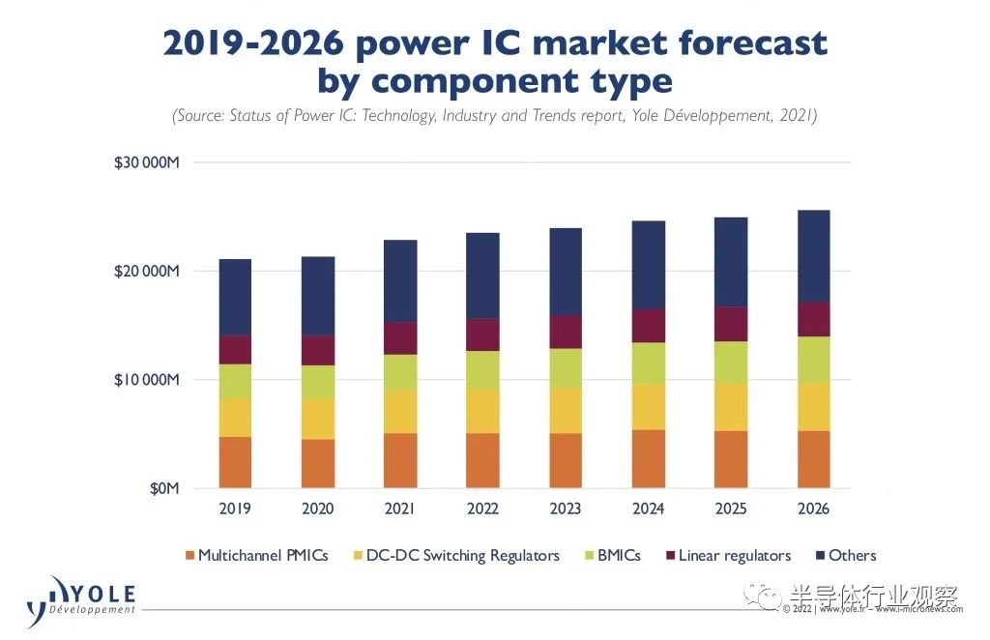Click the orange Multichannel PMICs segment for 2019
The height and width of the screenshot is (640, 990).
click(235, 462)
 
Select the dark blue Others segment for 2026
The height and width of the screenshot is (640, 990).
click(813, 256)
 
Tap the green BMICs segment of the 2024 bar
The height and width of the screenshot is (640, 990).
click(648, 364)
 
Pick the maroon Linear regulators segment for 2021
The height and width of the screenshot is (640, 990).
click(400, 338)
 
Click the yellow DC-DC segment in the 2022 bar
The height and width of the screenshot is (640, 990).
click(482, 411)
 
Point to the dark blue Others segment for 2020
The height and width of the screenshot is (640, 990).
click(318, 296)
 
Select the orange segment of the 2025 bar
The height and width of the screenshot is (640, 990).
click(731, 459)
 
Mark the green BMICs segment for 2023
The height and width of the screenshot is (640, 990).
click(566, 368)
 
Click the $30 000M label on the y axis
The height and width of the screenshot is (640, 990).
click(147, 162)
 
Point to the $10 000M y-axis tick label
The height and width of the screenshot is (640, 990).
click(147, 380)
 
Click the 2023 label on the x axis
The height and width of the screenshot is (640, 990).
click(566, 509)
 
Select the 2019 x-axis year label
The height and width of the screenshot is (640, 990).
click(235, 509)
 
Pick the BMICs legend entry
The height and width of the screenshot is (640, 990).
click(618, 556)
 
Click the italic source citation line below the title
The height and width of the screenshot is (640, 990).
click(495, 116)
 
